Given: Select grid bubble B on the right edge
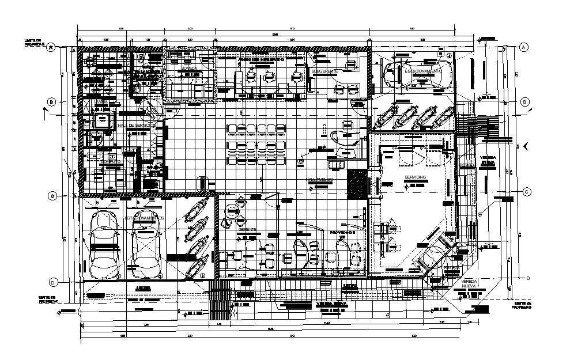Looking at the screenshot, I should click(524, 102).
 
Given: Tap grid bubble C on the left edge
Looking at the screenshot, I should click(51, 195).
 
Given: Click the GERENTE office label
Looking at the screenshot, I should click(248, 229).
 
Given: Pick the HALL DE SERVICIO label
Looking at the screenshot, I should click(136, 124).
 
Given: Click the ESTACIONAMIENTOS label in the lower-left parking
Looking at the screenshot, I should click(145, 218).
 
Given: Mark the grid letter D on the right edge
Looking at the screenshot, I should click(527, 278).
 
